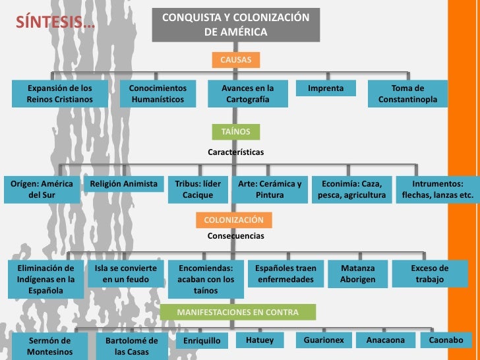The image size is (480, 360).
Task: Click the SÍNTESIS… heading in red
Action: pos(55,21)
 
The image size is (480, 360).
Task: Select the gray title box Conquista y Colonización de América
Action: pos(235,24)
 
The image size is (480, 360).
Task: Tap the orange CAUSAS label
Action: pos(235,61)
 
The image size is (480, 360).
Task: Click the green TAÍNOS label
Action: pos(235,132)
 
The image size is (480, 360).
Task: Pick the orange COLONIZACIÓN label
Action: pos(233,220)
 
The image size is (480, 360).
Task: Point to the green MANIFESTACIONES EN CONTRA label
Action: pos(237,313)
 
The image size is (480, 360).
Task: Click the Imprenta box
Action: pos(326,88)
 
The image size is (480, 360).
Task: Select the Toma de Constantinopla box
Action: pos(407,94)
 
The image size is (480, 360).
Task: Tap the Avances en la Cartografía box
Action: pos(247,94)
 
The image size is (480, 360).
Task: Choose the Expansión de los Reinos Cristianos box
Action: pos(59,94)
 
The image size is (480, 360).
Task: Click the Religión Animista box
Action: pos(124,184)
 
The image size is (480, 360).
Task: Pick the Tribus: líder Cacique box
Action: pos(198,189)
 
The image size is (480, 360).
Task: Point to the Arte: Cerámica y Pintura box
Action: pos(270,189)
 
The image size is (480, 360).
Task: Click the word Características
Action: pos(235,152)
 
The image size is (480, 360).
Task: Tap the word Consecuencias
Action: pos(235,235)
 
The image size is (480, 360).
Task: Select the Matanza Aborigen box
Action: pos(357,274)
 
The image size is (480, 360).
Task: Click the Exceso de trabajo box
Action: pos(429,274)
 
